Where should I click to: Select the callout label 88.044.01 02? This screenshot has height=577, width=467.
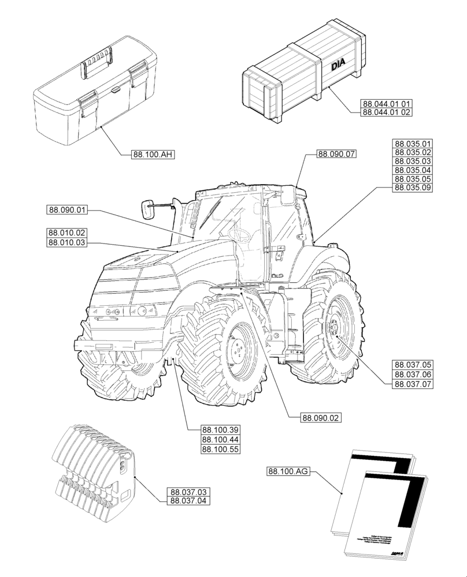(x=387, y=113)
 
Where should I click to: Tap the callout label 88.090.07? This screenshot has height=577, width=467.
(x=336, y=153)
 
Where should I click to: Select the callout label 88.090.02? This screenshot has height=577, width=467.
(x=321, y=417)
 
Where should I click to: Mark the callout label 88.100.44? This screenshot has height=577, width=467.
(x=221, y=440)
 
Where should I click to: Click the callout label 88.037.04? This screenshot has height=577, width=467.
(x=189, y=500)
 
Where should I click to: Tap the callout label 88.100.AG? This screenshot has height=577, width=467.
(x=289, y=471)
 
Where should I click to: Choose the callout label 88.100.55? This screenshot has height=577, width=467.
(x=221, y=449)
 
